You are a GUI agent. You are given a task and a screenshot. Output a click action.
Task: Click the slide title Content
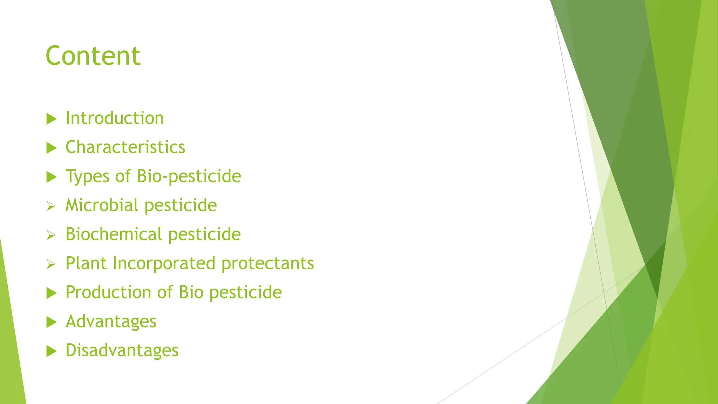coord(93,56)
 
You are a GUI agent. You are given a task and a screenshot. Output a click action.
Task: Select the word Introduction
coord(115,118)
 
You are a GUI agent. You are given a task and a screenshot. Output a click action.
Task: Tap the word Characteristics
coord(125,147)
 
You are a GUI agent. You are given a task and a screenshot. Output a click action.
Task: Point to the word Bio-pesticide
coord(189,176)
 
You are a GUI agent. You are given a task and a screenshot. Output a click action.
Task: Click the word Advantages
coord(111,322)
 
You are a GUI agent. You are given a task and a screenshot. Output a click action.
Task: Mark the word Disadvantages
coord(122,350)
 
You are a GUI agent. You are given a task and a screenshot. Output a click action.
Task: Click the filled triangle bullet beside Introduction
coord(51,119)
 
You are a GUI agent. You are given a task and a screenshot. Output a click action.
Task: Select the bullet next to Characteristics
coord(51,148)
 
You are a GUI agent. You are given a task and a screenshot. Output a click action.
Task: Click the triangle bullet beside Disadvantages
coord(51,351)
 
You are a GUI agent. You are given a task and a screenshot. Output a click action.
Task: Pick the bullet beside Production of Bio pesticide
coord(51,293)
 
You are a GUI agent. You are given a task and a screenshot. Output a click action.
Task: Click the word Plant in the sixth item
coord(86,263)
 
